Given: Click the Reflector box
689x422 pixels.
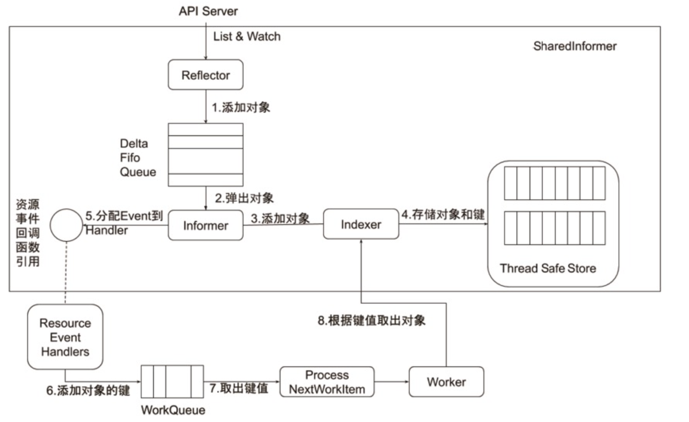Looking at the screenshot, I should point(205,75).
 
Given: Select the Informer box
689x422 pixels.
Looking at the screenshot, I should point(205,225).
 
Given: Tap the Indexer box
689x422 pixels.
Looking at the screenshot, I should point(361,224).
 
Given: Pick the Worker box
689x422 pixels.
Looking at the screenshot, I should point(446,382).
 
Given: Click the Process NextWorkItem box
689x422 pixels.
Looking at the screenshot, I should point(327,382).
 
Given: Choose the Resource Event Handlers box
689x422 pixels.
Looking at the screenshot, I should point(65,337).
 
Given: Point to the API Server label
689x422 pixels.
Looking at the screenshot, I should point(208,11).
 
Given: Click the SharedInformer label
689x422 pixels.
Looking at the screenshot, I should point(575,46).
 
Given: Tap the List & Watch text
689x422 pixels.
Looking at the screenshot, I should point(247,36).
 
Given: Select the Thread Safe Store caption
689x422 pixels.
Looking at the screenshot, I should point(548,268).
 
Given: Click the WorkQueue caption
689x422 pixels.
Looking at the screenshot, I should point(173,410).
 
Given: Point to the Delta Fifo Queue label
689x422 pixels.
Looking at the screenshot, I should point(138,158).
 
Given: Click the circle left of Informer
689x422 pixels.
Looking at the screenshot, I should point(66,225).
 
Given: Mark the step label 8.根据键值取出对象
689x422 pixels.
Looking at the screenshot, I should point(371,320).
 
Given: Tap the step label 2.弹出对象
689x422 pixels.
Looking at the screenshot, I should point(244,198).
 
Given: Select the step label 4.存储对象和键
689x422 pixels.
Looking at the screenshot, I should point(443,215).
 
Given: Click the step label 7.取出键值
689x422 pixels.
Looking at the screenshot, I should point(239,388).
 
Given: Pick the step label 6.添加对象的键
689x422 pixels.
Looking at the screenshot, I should point(88,390).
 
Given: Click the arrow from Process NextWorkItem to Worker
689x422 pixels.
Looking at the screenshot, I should point(391,381).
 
